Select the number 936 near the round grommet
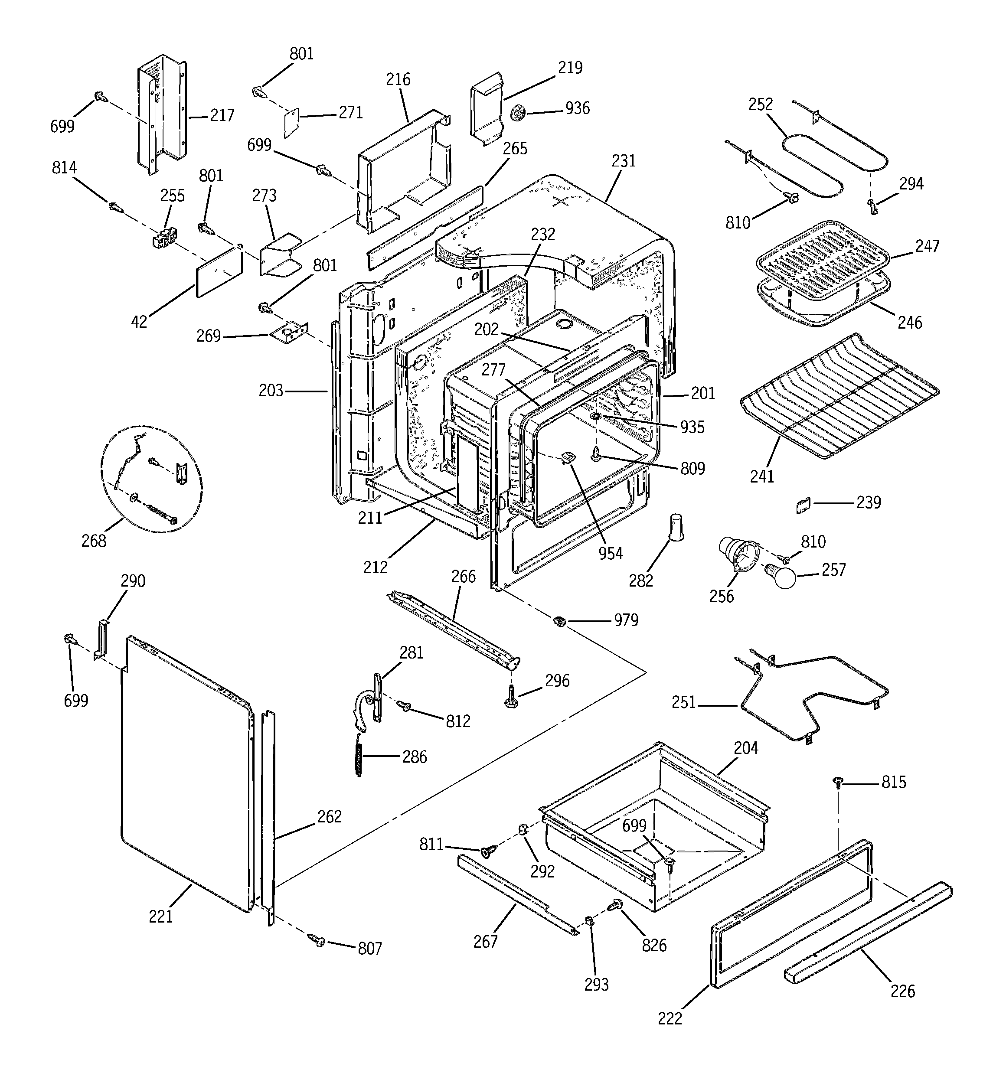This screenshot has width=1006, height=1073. (577, 108)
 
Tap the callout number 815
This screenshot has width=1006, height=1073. (894, 782)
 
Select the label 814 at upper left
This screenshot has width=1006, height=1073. (64, 168)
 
